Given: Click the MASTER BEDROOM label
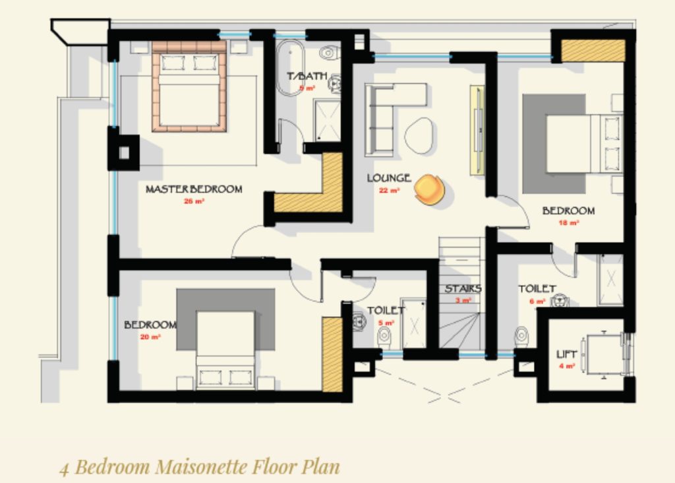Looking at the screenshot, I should pos(194,189).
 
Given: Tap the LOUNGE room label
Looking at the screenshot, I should pos(389,178).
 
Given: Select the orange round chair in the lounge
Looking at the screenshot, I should pos(429,189).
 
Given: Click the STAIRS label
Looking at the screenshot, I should pos(463,289).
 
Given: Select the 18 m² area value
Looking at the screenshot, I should pos(569,223).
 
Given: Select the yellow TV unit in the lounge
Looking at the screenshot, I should pos(477,130).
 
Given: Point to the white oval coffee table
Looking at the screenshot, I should pos(419,135).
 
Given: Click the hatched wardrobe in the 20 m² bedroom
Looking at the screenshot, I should pos(332,355).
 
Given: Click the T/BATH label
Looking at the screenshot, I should pos(307,77).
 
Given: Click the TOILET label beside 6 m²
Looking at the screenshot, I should pos(537,289).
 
